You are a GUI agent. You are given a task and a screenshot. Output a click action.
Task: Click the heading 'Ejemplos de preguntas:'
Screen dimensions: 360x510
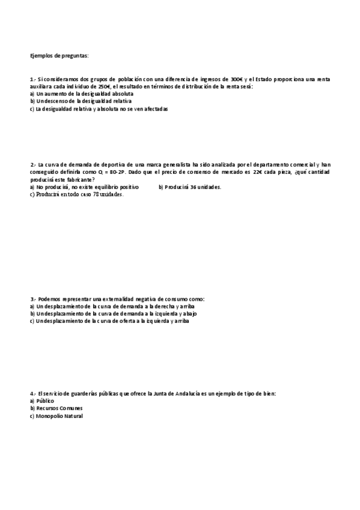pyautogui.click(x=59, y=56)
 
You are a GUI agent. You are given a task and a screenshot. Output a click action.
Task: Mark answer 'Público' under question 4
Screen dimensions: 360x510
pyautogui.click(x=45, y=401)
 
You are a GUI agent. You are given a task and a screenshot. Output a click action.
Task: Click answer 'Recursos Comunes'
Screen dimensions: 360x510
pyautogui.click(x=59, y=408)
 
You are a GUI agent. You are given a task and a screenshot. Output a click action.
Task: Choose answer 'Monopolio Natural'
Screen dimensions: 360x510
pyautogui.click(x=59, y=416)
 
